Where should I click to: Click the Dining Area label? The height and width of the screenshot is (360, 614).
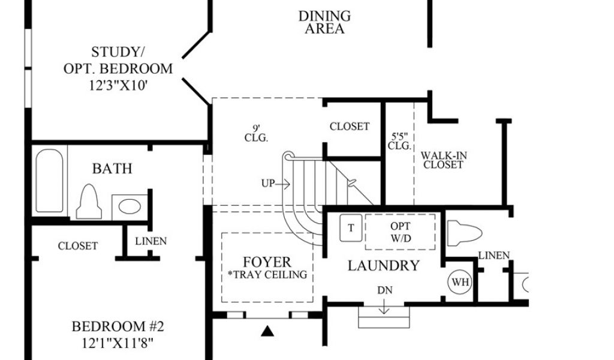tap(324, 22)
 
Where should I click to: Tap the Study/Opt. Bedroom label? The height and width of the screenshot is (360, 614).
tap(118, 60)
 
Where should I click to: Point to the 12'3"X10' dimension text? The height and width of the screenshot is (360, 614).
tap(118, 86)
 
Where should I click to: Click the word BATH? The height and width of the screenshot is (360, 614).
tap(112, 169)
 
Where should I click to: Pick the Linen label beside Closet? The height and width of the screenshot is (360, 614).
tap(151, 241)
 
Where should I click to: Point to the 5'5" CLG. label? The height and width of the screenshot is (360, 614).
tap(399, 141)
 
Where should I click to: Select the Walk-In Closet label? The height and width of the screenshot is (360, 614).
tap(444, 160)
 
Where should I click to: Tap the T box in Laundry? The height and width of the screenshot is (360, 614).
tap(351, 227)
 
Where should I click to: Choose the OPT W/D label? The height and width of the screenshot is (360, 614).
tap(400, 232)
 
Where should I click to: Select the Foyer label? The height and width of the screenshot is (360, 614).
tap(267, 262)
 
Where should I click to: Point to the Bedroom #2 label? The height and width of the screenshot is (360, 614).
tap(118, 327)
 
